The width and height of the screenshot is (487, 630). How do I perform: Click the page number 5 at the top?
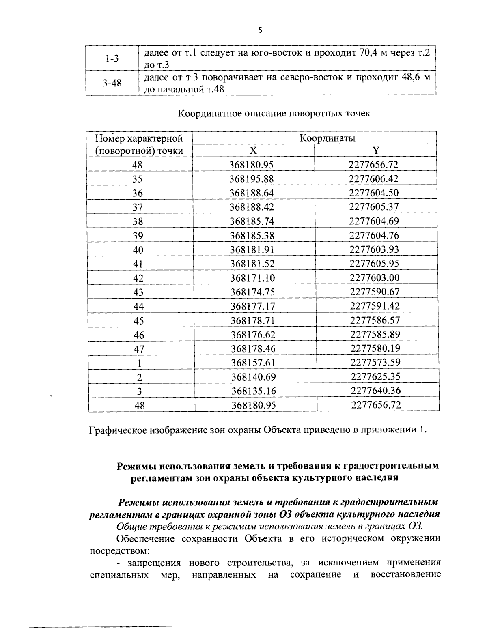[260, 30]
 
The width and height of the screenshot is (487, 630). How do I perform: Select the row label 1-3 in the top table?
[112, 58]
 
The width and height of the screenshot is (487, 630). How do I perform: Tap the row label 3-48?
[112, 83]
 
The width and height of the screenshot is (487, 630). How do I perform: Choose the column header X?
[253, 151]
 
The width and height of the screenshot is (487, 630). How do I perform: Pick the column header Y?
[376, 151]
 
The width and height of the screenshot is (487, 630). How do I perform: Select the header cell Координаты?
[327, 138]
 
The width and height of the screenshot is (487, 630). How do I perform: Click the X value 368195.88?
[252, 179]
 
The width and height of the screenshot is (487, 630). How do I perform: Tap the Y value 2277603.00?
[375, 278]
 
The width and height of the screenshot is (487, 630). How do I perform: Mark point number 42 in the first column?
[138, 278]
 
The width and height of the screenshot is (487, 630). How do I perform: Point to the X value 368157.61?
[253, 363]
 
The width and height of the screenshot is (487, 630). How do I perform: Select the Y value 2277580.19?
[375, 348]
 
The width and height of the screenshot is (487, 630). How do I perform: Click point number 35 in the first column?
[138, 179]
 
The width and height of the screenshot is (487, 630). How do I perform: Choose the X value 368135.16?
[253, 391]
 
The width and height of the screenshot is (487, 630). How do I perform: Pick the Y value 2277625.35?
[375, 376]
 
